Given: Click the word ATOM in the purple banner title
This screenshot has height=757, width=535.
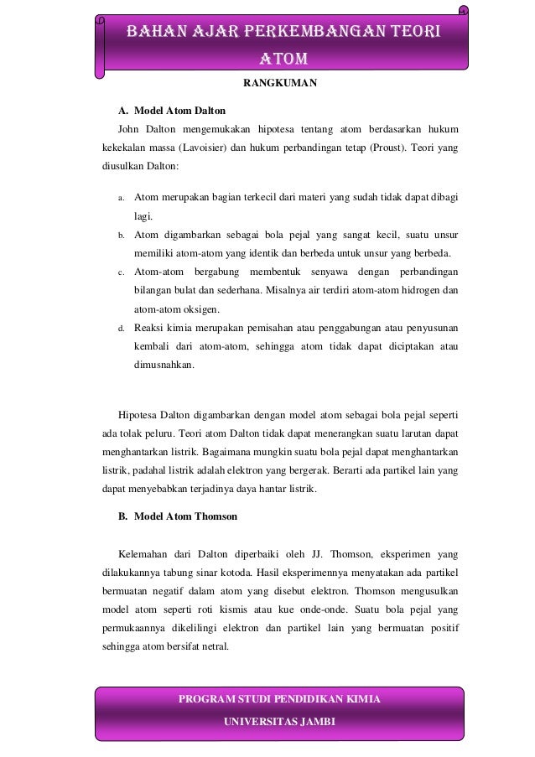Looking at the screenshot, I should (283, 60).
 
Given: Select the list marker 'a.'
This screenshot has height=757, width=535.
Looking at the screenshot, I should (122, 199).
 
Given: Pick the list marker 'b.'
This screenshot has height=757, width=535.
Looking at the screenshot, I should (122, 235).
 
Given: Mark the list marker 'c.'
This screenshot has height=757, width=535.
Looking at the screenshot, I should (122, 272).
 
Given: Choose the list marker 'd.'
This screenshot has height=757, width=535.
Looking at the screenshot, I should (122, 329).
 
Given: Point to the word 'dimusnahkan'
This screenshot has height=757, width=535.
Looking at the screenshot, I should (163, 366).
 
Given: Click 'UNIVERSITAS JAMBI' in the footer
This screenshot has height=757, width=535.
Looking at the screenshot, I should (279, 723).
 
